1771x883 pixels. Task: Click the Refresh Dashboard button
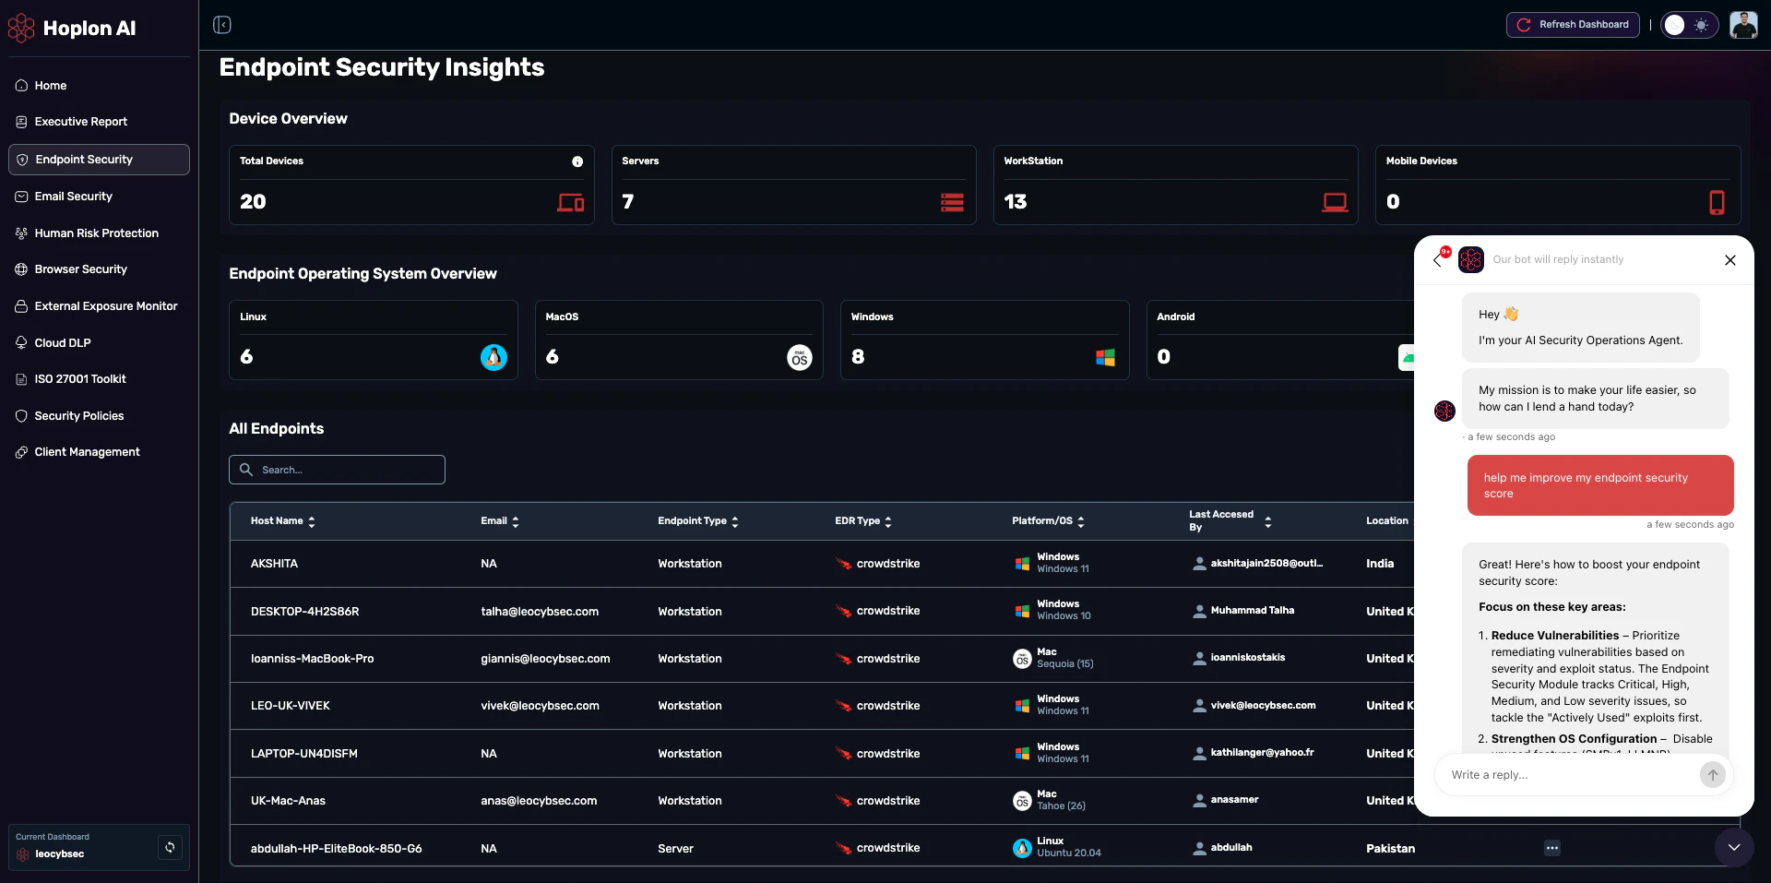(x=1573, y=25)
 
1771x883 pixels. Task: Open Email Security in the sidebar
(x=73, y=197)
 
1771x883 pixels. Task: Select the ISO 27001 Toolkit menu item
(x=79, y=379)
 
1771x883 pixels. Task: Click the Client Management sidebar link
(x=87, y=452)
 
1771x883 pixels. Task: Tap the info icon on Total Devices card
(x=577, y=161)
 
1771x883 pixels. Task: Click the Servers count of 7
(x=628, y=202)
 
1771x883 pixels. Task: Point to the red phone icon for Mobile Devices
(x=1716, y=202)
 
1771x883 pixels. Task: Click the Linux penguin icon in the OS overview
(x=493, y=357)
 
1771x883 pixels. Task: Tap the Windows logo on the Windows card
(x=1105, y=357)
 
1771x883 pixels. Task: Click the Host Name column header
(x=277, y=521)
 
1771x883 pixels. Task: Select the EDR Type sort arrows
(x=888, y=521)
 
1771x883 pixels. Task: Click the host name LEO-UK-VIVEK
(x=290, y=706)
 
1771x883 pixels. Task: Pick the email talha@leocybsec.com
(x=540, y=612)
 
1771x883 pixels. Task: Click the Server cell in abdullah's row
(x=675, y=849)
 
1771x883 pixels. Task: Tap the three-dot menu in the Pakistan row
(x=1552, y=848)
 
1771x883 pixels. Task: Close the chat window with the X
(x=1729, y=260)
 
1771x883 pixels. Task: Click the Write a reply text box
(x=1568, y=775)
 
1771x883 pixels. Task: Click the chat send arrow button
(x=1712, y=775)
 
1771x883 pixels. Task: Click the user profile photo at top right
(x=1742, y=25)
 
